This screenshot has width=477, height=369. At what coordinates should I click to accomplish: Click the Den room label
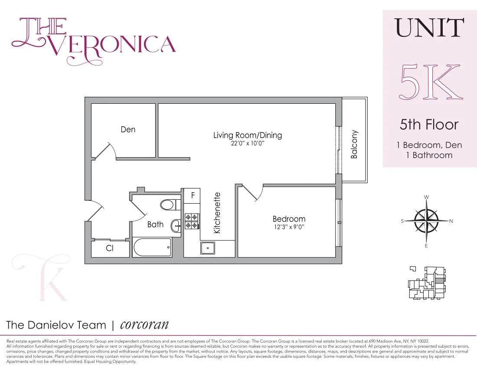click(128, 129)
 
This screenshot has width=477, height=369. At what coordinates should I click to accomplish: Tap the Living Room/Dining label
click(247, 135)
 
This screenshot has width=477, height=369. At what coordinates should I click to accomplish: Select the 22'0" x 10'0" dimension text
click(247, 143)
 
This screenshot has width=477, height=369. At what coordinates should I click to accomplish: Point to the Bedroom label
click(289, 219)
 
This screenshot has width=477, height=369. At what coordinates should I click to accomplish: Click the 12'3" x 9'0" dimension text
click(289, 227)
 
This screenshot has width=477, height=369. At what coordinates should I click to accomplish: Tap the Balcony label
click(354, 144)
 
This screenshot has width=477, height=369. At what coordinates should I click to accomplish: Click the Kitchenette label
click(217, 213)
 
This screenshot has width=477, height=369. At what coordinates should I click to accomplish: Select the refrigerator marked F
click(192, 196)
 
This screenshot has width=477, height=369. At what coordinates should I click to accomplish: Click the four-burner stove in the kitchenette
click(192, 221)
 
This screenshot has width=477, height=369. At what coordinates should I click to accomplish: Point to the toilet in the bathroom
click(167, 204)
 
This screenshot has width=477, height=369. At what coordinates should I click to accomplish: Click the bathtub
click(152, 248)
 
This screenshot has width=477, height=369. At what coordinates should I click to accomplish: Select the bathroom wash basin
click(176, 224)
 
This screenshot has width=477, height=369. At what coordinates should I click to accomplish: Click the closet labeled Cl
click(110, 249)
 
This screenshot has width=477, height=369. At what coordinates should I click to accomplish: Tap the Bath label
click(155, 224)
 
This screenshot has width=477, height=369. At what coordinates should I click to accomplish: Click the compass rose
click(427, 221)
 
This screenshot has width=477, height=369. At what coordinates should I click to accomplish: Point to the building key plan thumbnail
click(426, 283)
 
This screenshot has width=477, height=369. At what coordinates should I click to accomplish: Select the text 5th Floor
click(429, 125)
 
